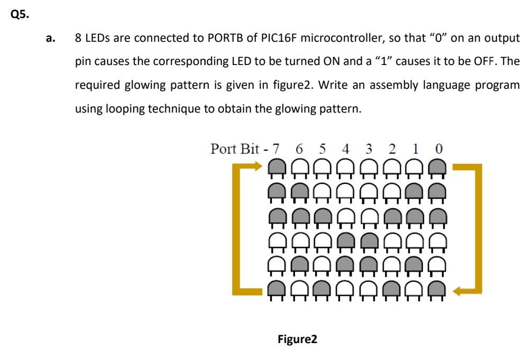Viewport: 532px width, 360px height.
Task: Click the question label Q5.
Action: (x=20, y=15)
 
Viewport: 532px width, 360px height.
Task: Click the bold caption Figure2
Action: (x=297, y=339)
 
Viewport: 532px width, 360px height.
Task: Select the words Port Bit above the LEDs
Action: (x=233, y=148)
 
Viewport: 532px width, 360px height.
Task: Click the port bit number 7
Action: (x=276, y=148)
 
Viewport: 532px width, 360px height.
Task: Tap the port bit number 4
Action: (x=346, y=148)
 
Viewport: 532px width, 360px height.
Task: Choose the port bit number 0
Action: (x=438, y=148)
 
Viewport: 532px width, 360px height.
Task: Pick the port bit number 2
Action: (x=392, y=148)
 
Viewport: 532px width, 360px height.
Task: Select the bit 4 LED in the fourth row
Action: (x=345, y=241)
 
